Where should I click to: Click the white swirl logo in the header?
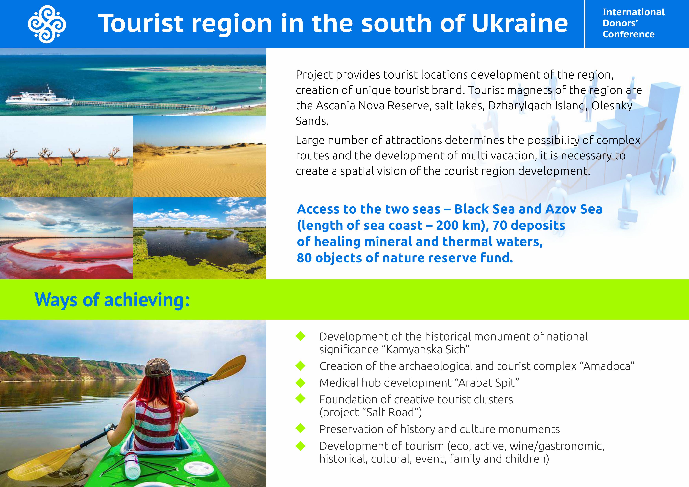point(47,24)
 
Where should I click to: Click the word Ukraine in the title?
point(520,23)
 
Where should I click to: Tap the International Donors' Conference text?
point(633,23)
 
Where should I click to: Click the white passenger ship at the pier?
point(40,98)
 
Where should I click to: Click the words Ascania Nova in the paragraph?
point(350,106)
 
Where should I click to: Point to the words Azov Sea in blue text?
point(574,209)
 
